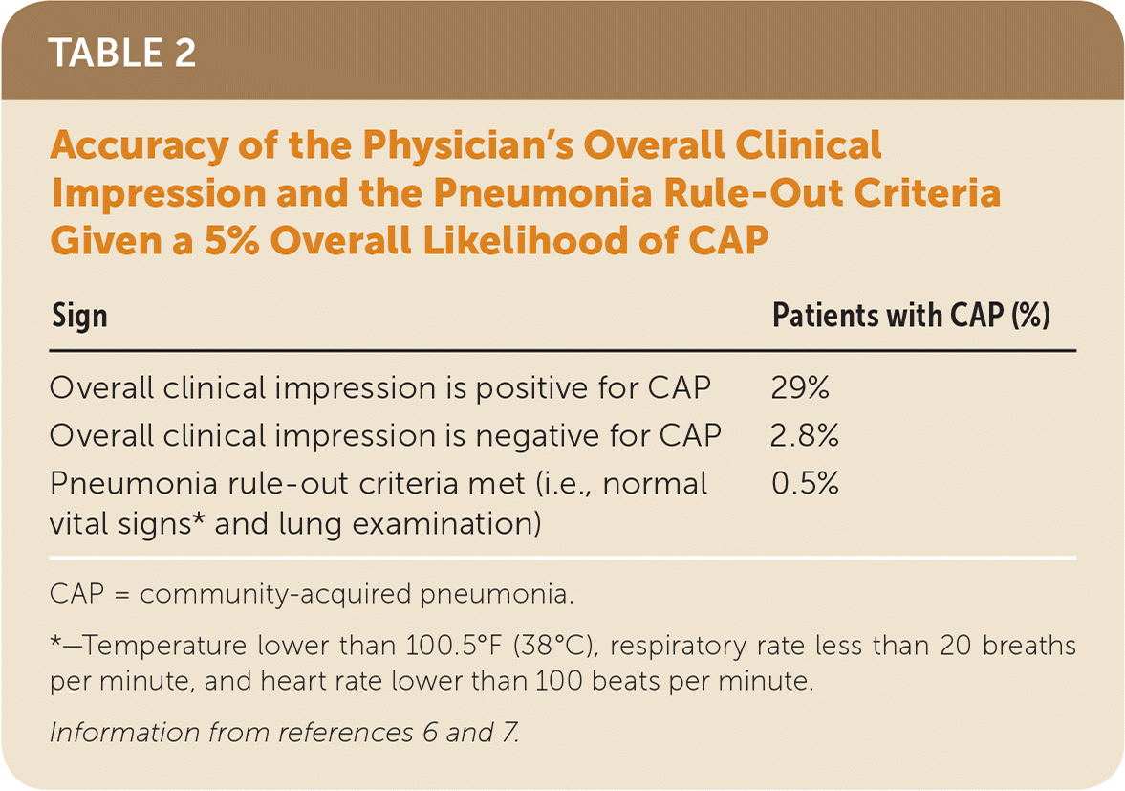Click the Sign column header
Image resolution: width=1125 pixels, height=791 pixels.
(79, 316)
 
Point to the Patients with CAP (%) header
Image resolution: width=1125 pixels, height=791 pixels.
(911, 316)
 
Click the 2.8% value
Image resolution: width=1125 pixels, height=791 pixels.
(805, 436)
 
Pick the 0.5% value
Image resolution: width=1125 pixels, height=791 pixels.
(805, 484)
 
